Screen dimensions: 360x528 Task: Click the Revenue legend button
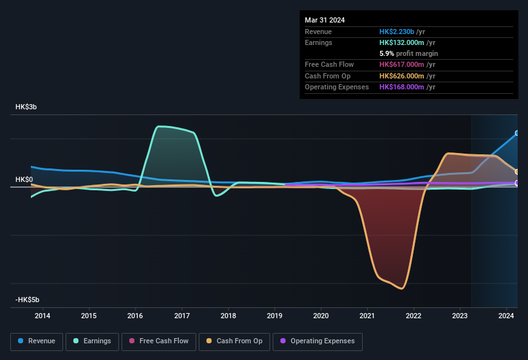tap(37, 341)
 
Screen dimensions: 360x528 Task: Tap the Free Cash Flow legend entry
tap(159, 341)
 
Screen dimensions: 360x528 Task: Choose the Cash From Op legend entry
tap(235, 341)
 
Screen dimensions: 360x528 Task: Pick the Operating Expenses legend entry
tap(318, 341)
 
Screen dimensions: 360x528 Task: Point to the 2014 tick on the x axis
tap(42, 316)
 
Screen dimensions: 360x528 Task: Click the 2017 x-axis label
tap(181, 316)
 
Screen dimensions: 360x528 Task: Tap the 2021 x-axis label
tap(367, 316)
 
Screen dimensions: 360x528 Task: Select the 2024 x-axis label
tap(506, 316)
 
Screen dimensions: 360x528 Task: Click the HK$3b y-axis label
tap(26, 107)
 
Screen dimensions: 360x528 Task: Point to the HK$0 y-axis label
tap(24, 179)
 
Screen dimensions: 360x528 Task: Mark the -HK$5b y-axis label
tap(28, 300)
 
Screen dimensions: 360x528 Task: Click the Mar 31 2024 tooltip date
tap(325, 20)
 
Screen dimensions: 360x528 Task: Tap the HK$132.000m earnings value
tap(402, 42)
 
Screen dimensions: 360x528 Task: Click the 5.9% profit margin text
tap(408, 53)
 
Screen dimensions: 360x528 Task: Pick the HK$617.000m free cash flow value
tap(402, 65)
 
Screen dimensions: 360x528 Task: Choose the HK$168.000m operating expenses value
tap(402, 87)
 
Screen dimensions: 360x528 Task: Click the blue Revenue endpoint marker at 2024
tap(517, 134)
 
